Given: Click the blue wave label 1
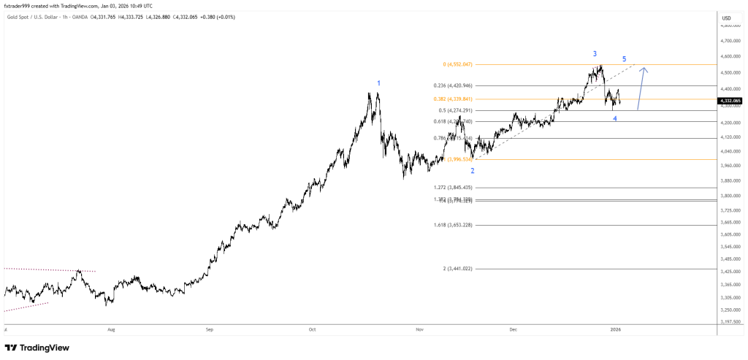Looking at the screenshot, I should (378, 83).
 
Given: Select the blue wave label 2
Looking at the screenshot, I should (473, 171).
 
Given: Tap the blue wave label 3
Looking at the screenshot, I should (595, 54).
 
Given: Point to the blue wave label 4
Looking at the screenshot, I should (615, 118).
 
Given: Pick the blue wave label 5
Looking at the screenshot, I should (624, 58).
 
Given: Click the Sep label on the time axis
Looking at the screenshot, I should (209, 329).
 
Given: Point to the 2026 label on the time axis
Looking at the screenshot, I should (615, 329).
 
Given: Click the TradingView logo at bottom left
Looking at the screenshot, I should (40, 347).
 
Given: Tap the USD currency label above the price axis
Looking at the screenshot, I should (726, 18).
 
